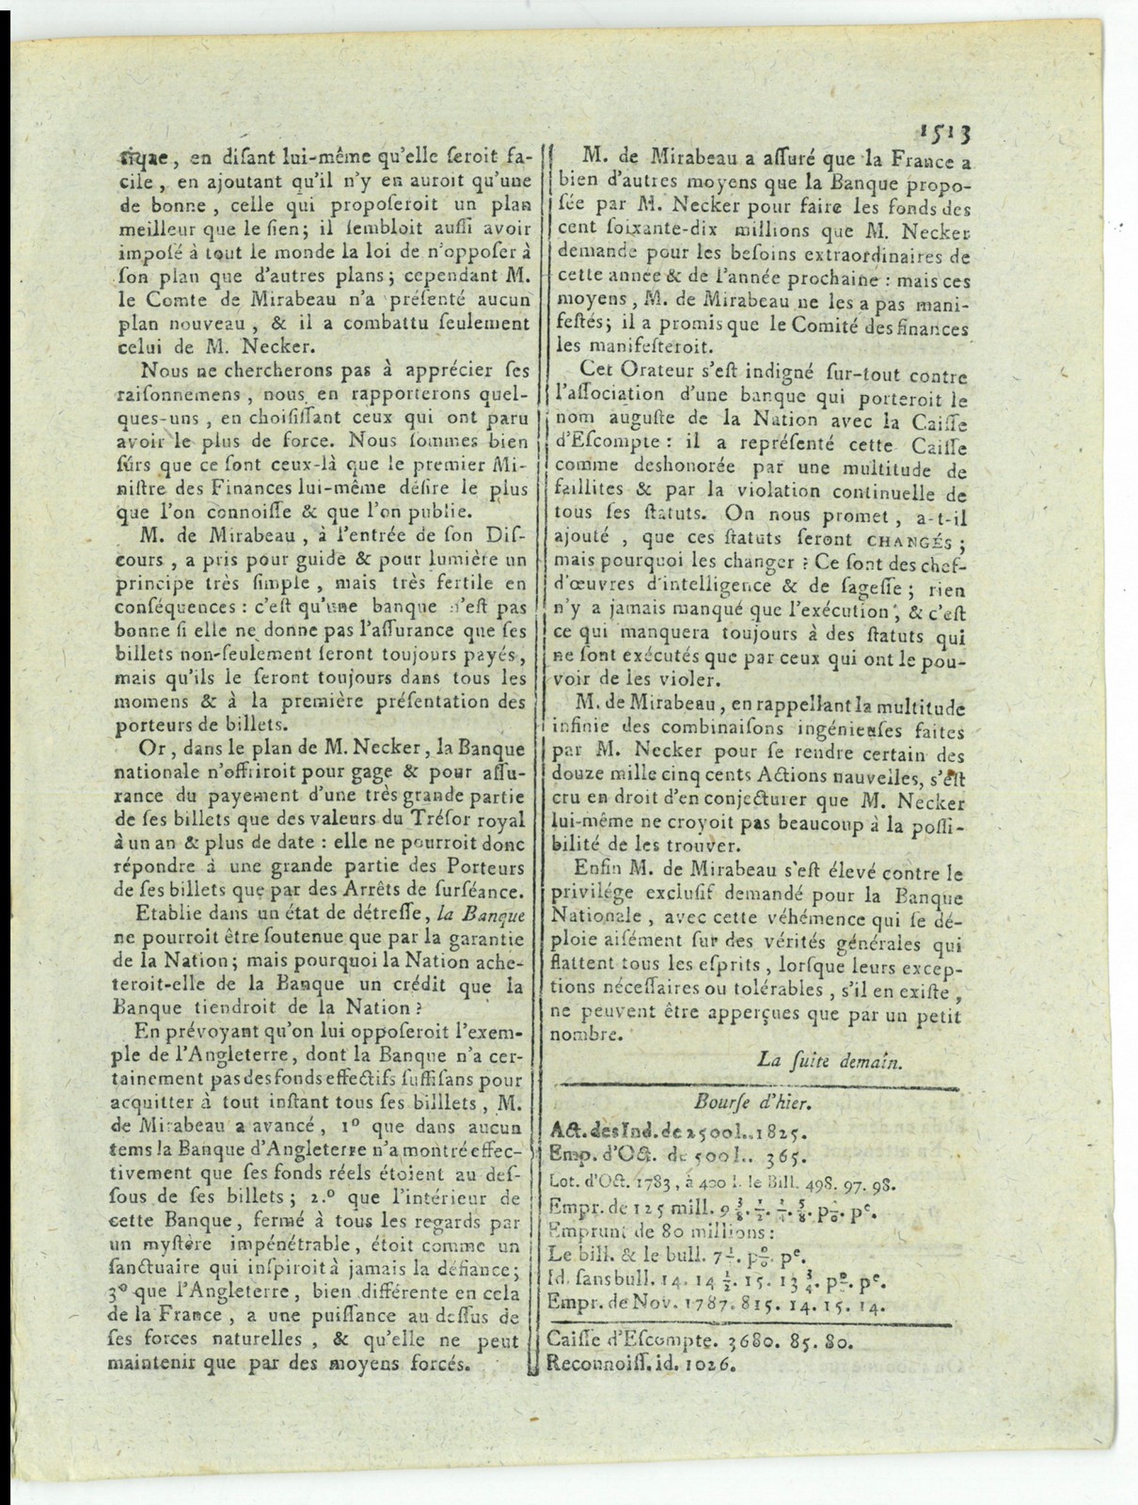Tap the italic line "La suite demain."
(x=830, y=1060)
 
